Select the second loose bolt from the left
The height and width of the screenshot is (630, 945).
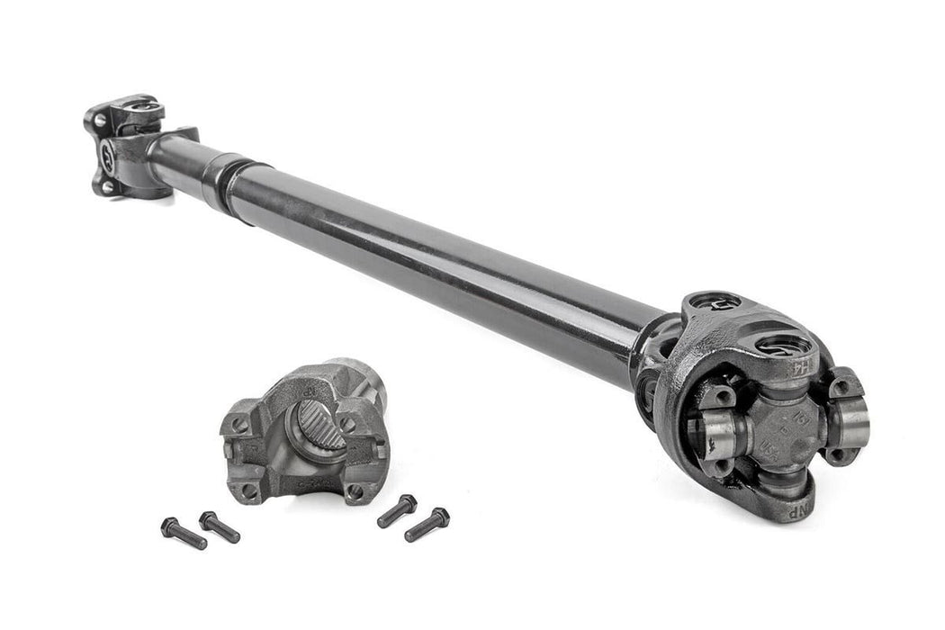coord(220,526)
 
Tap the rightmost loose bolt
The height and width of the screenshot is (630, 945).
coord(427,525)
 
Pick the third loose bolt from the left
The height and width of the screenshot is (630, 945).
coord(396,510)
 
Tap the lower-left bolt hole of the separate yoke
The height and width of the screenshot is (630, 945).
coord(247,491)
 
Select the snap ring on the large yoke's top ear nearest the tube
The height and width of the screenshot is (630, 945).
coord(715,302)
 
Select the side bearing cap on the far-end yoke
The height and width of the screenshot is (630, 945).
coord(108,150)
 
